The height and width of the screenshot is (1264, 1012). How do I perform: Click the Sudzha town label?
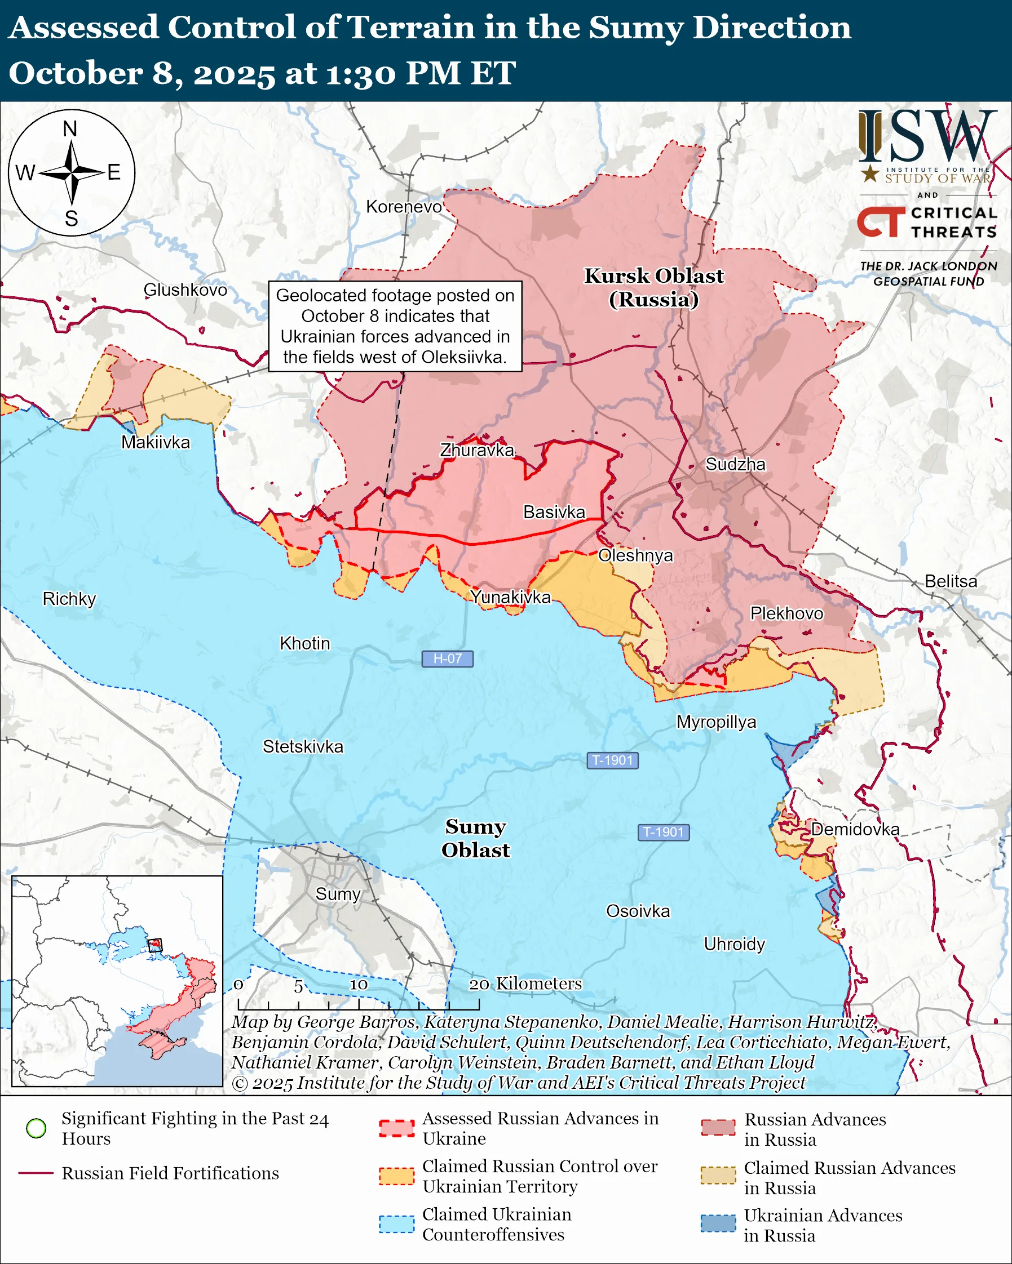click(735, 464)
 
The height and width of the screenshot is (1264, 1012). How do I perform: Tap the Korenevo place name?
click(404, 206)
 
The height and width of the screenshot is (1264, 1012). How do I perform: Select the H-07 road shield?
click(447, 658)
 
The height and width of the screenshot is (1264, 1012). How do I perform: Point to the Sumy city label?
click(337, 894)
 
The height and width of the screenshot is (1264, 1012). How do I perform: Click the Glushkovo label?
click(185, 290)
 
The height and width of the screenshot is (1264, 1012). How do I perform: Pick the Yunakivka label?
click(510, 597)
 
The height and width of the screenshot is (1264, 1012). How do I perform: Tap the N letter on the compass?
click(70, 129)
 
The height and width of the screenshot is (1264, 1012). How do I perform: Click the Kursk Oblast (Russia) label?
click(653, 287)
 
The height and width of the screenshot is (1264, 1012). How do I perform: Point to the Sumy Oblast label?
click(475, 838)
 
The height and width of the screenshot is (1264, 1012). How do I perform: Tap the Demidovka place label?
click(855, 829)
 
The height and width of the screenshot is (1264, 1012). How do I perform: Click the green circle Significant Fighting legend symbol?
click(37, 1128)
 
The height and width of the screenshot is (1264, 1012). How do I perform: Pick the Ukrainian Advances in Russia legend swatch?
click(718, 1223)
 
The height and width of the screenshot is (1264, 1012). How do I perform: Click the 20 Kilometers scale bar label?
click(525, 983)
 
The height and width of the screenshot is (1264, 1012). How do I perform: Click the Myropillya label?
click(716, 722)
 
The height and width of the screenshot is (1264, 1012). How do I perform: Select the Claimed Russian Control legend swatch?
click(396, 1176)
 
